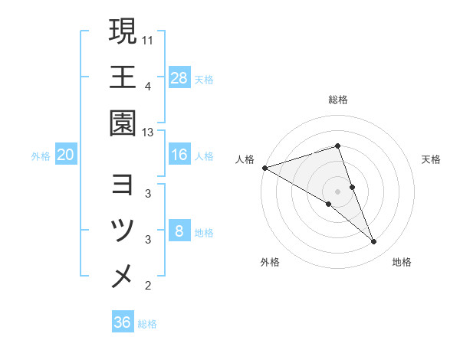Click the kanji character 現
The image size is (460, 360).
click(x=123, y=32)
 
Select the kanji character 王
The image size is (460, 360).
click(x=123, y=77)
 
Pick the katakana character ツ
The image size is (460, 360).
click(x=123, y=231)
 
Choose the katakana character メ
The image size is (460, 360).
click(x=123, y=276)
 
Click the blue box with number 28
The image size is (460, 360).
click(x=179, y=77)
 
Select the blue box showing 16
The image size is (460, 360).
click(x=179, y=155)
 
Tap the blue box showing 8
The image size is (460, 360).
click(x=179, y=231)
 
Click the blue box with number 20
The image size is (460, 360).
click(x=66, y=155)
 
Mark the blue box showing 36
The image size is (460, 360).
click(x=123, y=322)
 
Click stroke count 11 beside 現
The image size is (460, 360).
click(x=148, y=38)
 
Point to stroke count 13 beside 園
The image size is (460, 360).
click(x=148, y=133)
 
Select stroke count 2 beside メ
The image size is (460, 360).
click(x=148, y=286)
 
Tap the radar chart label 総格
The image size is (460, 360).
click(x=338, y=100)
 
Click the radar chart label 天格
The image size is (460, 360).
click(x=432, y=159)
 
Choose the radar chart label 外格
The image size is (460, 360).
click(x=269, y=263)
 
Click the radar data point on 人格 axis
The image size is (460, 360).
click(x=264, y=167)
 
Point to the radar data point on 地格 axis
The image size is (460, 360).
click(x=374, y=242)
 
